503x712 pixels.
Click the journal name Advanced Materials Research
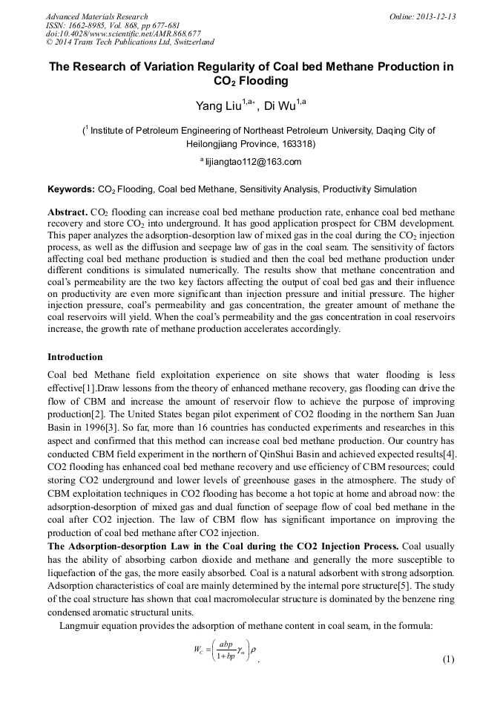coord(97,16)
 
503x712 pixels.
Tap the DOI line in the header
coord(123,33)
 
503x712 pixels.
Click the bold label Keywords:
coord(70,189)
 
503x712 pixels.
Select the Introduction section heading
coord(75,357)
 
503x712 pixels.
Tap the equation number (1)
coord(448,659)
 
